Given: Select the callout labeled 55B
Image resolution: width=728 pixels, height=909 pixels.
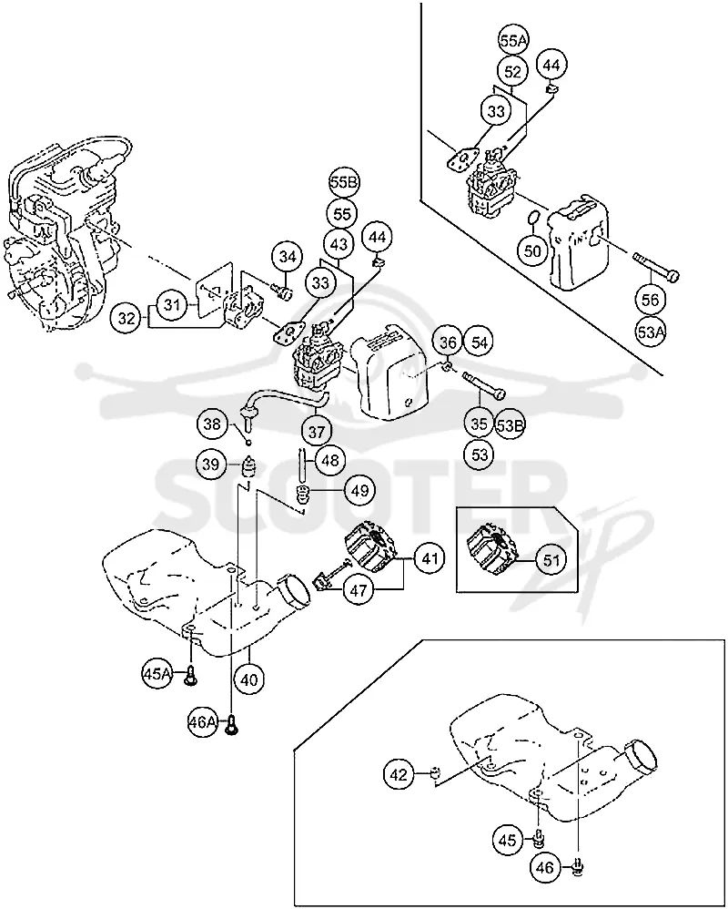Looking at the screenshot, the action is [x=344, y=182].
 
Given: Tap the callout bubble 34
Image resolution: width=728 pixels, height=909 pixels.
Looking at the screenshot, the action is [x=288, y=256].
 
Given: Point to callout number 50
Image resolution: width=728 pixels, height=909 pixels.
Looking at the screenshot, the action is [x=533, y=251].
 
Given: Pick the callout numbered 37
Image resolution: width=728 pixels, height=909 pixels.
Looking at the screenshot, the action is [x=316, y=432].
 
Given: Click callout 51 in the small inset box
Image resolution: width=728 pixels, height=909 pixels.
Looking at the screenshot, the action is [x=551, y=560].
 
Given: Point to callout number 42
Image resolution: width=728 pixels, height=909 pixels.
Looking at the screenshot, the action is [x=399, y=774].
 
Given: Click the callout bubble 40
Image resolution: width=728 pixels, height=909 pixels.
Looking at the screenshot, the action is [x=249, y=679].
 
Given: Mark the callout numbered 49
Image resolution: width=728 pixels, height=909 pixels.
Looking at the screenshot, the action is [x=359, y=490].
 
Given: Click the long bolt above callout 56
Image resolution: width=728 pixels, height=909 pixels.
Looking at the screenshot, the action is [x=656, y=266].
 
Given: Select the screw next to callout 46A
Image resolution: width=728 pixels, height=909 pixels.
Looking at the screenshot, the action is [x=232, y=723].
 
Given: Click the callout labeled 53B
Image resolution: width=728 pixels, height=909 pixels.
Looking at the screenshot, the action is [x=511, y=425].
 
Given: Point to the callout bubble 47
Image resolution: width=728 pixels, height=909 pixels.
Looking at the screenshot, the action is [x=359, y=590].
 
